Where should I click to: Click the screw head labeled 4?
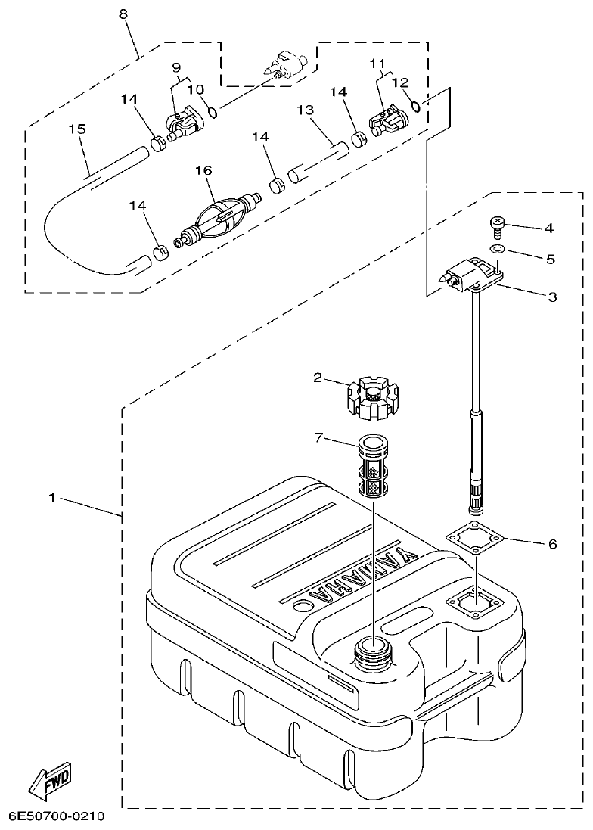click(496, 224)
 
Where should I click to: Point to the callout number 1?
click(51, 498)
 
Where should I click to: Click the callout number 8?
click(123, 14)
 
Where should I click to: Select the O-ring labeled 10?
click(213, 113)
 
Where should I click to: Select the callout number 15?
click(77, 129)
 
